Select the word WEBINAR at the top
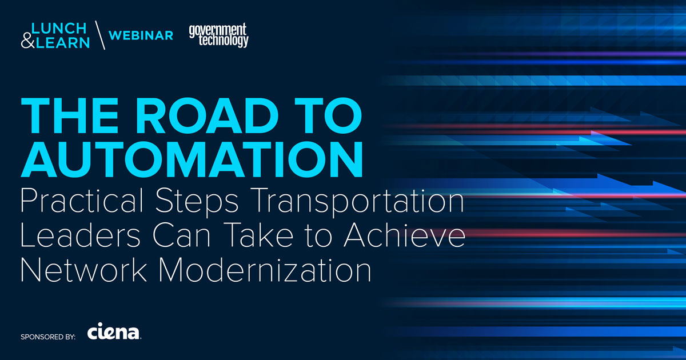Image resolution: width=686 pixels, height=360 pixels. pyautogui.click(x=141, y=35)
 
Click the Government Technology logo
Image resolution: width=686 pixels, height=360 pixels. pyautogui.click(x=219, y=35)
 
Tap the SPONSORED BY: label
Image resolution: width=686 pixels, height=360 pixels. pyautogui.click(x=47, y=337)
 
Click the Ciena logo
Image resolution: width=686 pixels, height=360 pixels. pyautogui.click(x=114, y=333)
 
